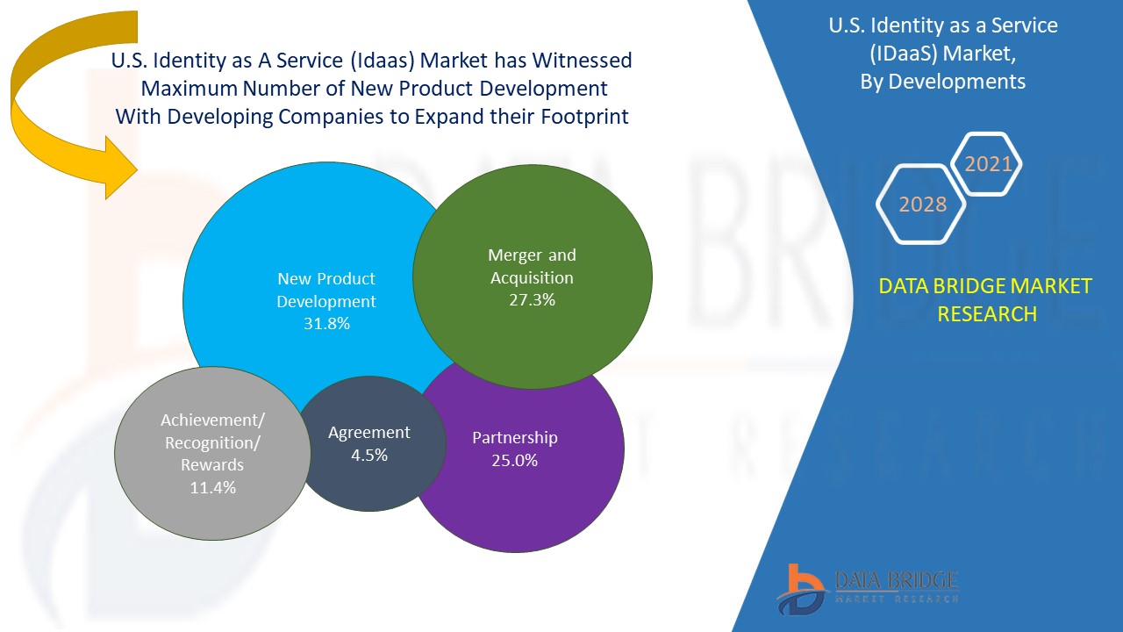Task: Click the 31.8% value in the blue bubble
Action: pos(326,324)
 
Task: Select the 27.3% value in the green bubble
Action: pos(532,300)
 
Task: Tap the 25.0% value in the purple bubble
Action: pos(515,460)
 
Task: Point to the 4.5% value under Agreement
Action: pos(369,455)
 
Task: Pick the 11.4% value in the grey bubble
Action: pos(213,487)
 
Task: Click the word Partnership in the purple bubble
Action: pos(515,437)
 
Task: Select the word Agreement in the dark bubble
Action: pos(369,433)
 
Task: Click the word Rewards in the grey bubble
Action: pos(212,465)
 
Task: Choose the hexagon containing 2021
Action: pos(988,163)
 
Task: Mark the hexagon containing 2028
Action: pos(922,204)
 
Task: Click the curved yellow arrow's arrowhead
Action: pos(118,167)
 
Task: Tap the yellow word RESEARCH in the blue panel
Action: pos(987,313)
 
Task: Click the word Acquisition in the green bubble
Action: pos(532,277)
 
